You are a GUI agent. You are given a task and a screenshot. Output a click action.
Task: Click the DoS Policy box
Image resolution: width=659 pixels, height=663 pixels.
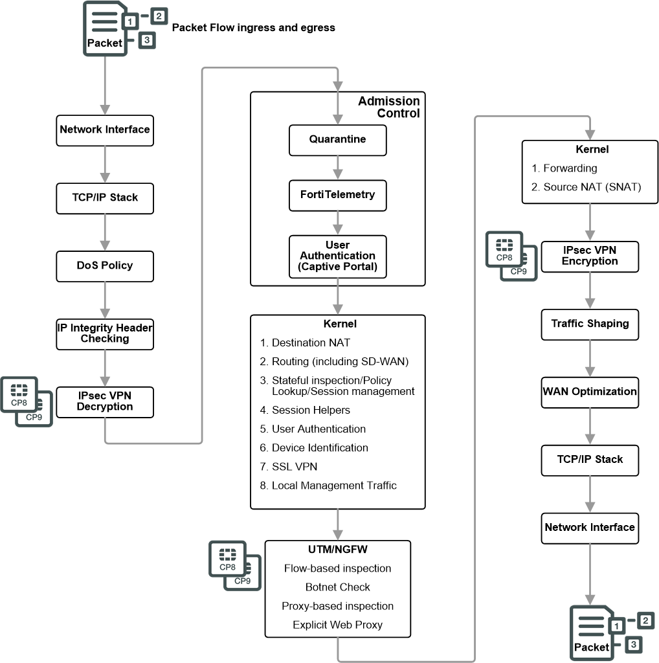105,265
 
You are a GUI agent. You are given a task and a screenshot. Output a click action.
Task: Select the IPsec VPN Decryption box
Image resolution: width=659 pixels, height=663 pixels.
105,401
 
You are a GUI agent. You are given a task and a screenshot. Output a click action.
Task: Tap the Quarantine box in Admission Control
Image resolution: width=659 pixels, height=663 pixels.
337,140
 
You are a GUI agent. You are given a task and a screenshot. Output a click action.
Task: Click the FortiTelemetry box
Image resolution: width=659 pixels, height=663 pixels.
337,195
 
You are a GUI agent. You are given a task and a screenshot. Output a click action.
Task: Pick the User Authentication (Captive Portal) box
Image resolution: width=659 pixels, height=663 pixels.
337,256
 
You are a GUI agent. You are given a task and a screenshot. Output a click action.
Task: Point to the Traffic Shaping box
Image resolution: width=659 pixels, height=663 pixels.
590,323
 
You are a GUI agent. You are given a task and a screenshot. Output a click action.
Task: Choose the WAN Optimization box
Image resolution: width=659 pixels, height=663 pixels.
590,392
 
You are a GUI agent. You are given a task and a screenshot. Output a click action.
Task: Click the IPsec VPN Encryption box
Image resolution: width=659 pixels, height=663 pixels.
590,256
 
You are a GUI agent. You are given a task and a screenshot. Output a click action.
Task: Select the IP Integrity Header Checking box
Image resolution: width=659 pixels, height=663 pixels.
105,333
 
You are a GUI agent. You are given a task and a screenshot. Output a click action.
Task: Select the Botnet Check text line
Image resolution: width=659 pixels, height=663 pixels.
337,587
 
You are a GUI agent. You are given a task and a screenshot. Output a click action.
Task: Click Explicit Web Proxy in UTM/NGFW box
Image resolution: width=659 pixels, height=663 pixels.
337,625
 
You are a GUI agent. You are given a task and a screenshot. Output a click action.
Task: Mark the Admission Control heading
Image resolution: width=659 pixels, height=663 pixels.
390,107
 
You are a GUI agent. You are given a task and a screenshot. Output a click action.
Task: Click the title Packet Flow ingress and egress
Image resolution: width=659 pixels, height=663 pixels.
253,28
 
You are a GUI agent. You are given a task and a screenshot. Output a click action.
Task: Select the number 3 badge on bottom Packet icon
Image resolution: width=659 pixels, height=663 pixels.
634,645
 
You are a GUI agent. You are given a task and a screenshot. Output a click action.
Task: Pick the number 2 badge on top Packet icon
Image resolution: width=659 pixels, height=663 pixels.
159,15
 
